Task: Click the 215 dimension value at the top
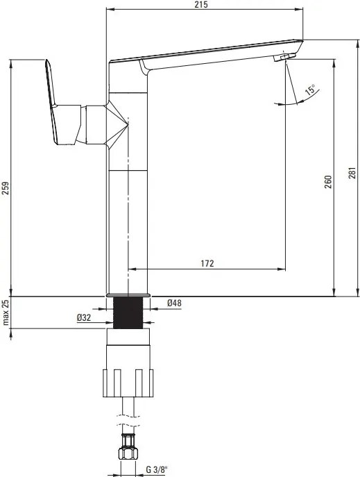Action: (x=200, y=5)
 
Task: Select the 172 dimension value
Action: (x=207, y=263)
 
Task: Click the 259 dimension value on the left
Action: (x=6, y=188)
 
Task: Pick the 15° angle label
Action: (x=310, y=90)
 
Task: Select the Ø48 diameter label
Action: (x=174, y=303)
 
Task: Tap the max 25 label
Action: (x=6, y=313)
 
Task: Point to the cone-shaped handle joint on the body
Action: (x=117, y=125)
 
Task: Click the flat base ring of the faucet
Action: (x=128, y=295)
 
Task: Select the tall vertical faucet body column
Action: (x=128, y=208)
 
